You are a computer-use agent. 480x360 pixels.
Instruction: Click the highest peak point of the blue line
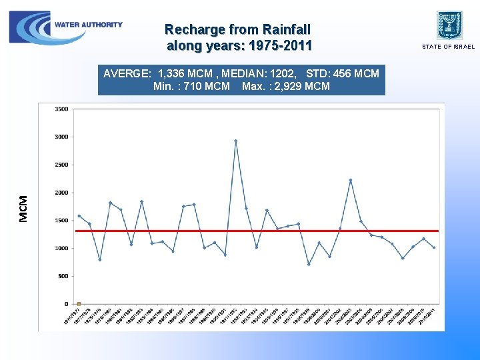[236, 141]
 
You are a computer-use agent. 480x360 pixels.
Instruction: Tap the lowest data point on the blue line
[309, 264]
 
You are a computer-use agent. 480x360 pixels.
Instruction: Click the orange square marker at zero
[79, 303]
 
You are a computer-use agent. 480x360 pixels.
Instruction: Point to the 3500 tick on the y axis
[61, 109]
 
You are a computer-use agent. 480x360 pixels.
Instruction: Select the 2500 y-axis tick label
[61, 165]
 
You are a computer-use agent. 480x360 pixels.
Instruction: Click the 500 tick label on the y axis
[63, 276]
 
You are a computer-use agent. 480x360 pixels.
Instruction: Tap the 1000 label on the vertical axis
[61, 248]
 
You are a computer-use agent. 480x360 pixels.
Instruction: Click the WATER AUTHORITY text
[89, 25]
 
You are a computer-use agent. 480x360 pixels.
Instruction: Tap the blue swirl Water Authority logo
[30, 27]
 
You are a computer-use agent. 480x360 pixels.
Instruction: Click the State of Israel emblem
[449, 25]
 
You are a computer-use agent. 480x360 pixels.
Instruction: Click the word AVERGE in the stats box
[127, 73]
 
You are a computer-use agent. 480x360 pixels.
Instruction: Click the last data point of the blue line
[434, 247]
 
